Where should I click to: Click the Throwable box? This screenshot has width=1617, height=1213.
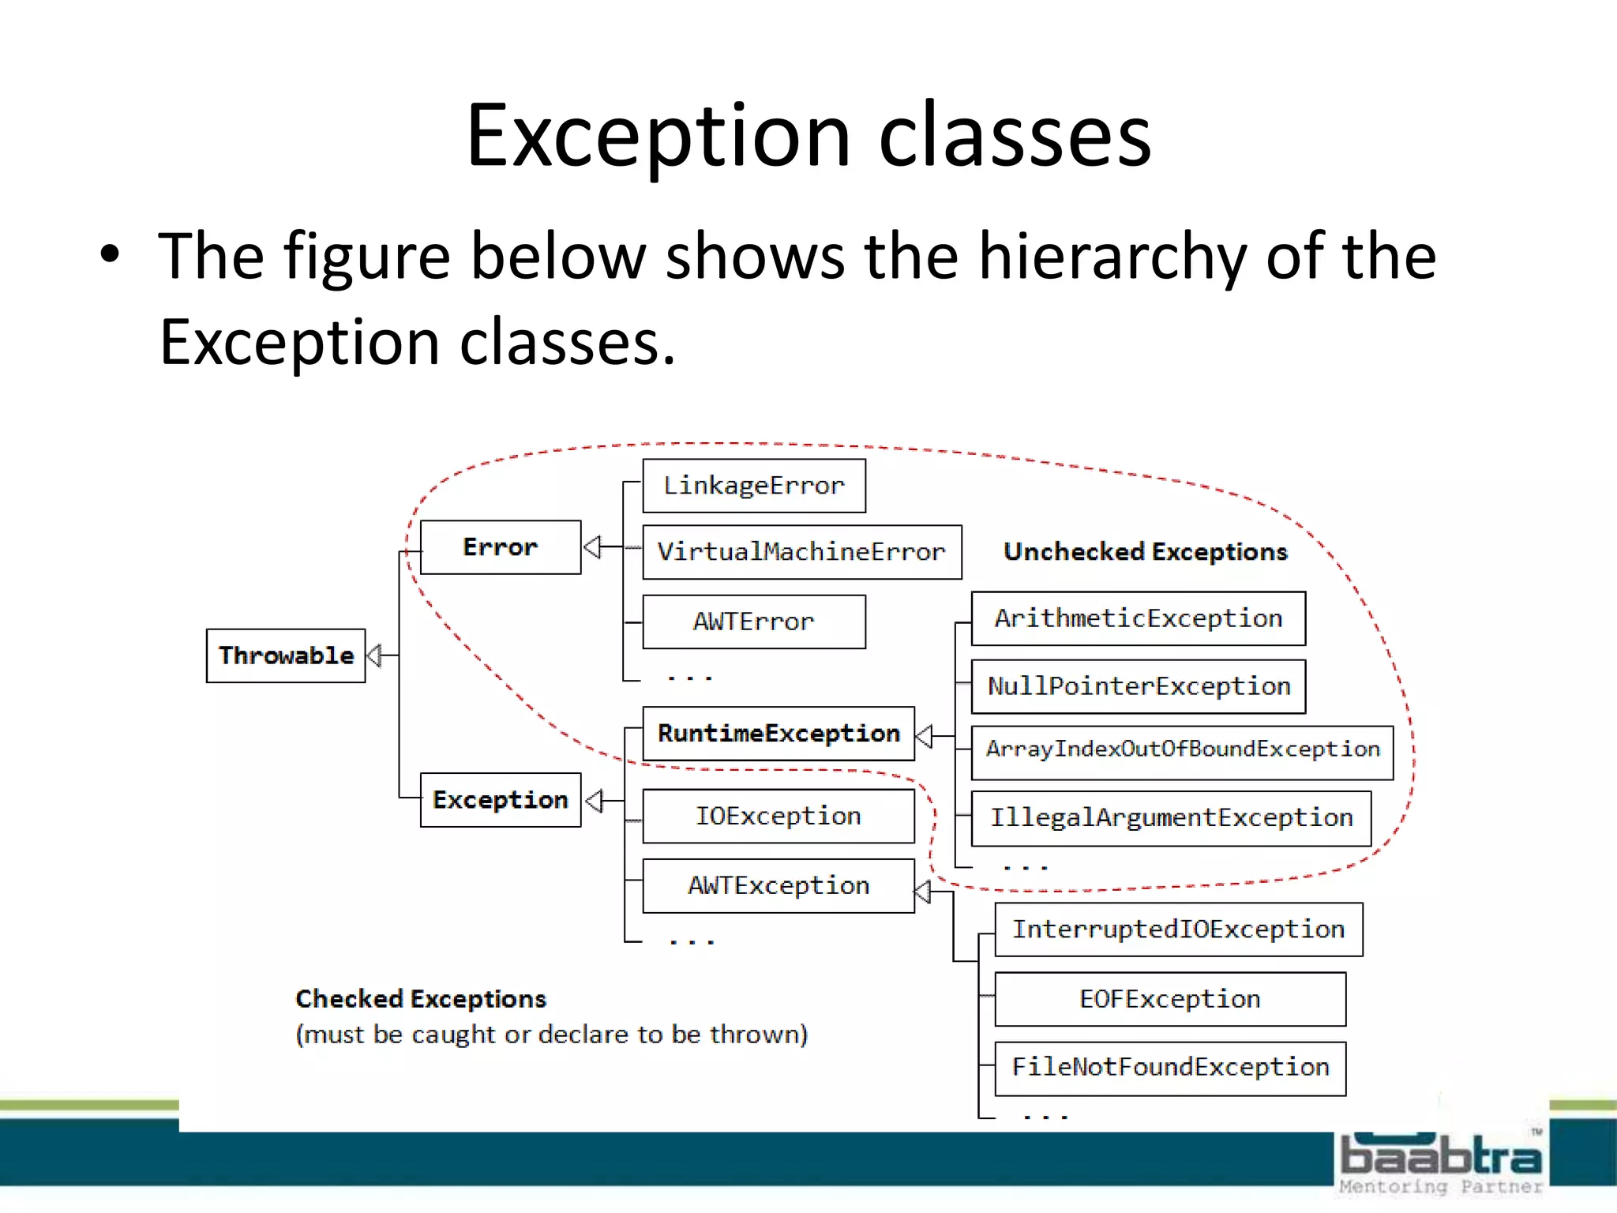pyautogui.click(x=286, y=655)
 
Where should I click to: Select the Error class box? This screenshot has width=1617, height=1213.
pyautogui.click(x=501, y=547)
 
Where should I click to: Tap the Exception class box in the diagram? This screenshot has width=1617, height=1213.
pyautogui.click(x=501, y=800)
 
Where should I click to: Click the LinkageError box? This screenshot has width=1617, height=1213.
pyautogui.click(x=754, y=486)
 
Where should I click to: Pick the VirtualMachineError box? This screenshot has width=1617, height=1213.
pyautogui.click(x=801, y=552)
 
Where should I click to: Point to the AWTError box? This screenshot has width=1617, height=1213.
pyautogui.click(x=754, y=622)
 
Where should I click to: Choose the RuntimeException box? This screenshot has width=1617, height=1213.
pyautogui.click(x=778, y=734)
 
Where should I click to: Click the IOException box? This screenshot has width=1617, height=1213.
pyautogui.click(x=778, y=816)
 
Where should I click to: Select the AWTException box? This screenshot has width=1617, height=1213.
pyautogui.click(x=778, y=886)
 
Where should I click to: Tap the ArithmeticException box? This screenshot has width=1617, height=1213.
pyautogui.click(x=1138, y=618)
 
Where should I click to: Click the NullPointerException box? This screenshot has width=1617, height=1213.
pyautogui.click(x=1138, y=686)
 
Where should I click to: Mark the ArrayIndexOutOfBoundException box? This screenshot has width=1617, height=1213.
pyautogui.click(x=1182, y=749)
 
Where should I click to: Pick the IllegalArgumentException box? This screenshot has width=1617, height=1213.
pyautogui.click(x=1171, y=818)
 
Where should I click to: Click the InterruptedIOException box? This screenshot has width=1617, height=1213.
pyautogui.click(x=1178, y=929)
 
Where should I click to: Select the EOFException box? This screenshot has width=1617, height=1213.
pyautogui.click(x=1170, y=999)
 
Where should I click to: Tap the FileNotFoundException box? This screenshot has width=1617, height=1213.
pyautogui.click(x=1170, y=1068)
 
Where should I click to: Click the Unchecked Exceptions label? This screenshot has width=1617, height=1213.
pyautogui.click(x=1145, y=552)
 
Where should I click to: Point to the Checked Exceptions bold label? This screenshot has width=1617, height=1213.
pyautogui.click(x=421, y=999)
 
